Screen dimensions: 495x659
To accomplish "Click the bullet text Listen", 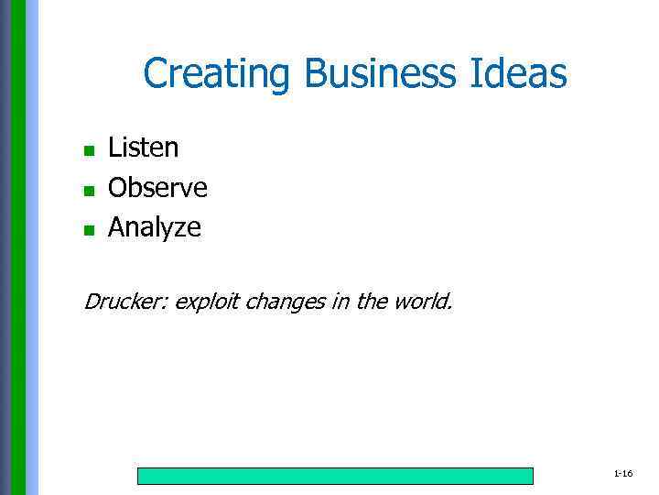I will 144,148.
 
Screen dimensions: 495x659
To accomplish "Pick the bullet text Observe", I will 157,188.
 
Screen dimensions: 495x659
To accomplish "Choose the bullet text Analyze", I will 154,228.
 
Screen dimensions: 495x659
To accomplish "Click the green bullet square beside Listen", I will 89,150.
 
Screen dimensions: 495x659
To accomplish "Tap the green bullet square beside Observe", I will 89,191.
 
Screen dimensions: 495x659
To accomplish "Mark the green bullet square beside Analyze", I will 89,230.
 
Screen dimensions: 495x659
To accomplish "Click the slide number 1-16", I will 623,474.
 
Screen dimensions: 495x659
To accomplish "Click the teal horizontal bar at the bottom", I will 335,476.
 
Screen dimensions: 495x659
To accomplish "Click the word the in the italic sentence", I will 372,301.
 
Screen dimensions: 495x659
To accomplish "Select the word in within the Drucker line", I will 340,301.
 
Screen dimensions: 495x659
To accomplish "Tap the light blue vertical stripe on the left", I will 33,247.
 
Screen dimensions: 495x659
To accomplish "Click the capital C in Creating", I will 155,74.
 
